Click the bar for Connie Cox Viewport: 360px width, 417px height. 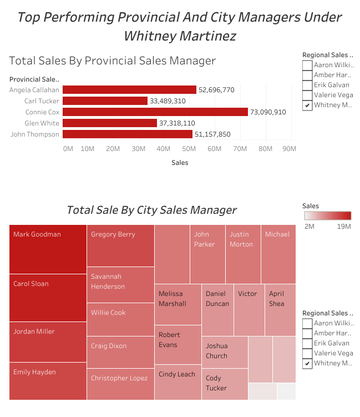155,112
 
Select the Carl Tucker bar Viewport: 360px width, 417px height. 105,101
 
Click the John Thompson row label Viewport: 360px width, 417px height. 34,134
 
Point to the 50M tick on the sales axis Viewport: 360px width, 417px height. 189,149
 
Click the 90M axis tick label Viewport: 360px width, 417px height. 290,149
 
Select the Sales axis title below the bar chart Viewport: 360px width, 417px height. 180,163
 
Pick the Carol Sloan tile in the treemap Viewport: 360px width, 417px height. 48,298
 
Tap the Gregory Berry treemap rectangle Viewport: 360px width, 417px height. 120,245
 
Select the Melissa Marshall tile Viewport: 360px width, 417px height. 178,304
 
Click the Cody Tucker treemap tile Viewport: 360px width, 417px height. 224,384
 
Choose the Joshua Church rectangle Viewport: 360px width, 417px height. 224,351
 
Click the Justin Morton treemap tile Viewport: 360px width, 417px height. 242,254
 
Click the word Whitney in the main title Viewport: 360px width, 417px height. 150,36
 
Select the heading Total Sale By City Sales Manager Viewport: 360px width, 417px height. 151,210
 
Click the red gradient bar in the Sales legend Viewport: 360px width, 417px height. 327,216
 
